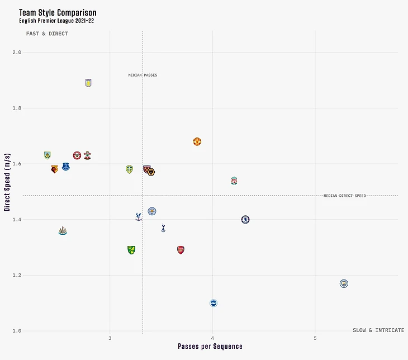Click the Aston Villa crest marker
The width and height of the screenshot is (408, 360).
click(x=88, y=83)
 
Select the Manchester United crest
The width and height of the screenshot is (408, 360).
click(x=197, y=141)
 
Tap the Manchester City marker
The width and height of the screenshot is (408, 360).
click(x=344, y=283)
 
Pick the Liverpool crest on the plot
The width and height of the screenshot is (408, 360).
click(x=234, y=181)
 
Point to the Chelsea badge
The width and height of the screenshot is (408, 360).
click(x=245, y=219)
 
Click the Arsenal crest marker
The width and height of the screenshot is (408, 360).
click(x=181, y=250)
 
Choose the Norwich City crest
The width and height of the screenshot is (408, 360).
click(x=131, y=250)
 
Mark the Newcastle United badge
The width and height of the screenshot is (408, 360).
click(x=63, y=230)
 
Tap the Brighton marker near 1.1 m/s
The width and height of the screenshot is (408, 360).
click(x=213, y=303)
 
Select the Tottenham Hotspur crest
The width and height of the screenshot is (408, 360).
click(x=163, y=228)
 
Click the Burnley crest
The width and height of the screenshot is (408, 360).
click(x=48, y=155)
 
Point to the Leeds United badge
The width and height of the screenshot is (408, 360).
click(x=129, y=169)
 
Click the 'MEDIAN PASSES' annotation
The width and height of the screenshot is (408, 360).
click(x=143, y=75)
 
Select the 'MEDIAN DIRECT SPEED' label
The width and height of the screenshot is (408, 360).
click(x=344, y=196)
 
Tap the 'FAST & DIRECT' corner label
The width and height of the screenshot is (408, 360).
click(x=47, y=34)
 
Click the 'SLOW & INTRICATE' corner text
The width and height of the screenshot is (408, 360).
click(x=378, y=330)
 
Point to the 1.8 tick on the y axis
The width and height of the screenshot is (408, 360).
click(x=17, y=108)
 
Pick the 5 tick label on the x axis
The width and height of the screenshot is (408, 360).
click(x=315, y=338)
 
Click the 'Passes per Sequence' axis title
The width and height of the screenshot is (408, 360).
click(x=210, y=347)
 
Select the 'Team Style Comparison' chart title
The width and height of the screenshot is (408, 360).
click(x=58, y=12)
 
